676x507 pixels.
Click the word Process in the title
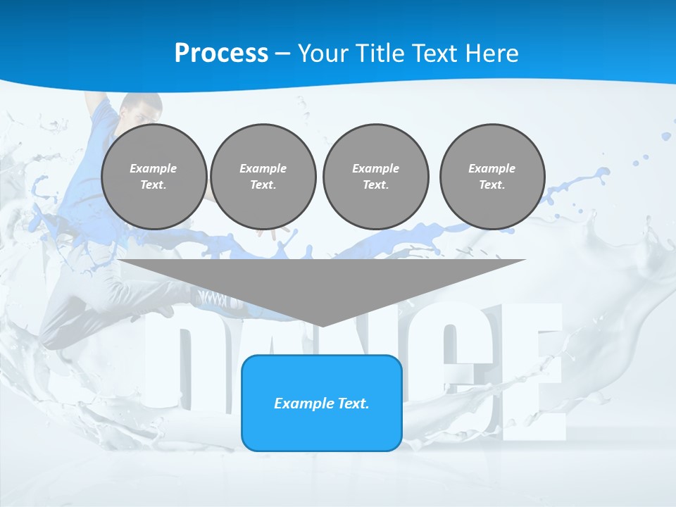click(x=221, y=54)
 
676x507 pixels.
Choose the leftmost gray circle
click(x=154, y=176)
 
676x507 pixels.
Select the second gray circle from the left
click(x=263, y=176)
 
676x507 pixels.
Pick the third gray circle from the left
click(x=375, y=176)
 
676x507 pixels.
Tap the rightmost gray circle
click(x=492, y=176)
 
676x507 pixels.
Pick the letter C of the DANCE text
click(x=468, y=366)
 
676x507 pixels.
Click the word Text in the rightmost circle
click(x=492, y=185)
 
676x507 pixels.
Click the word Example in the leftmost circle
click(x=154, y=168)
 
